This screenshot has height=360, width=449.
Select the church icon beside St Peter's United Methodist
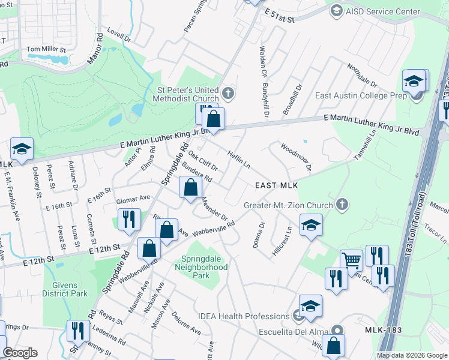tap(227, 94)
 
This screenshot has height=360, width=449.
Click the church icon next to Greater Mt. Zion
tap(342, 205)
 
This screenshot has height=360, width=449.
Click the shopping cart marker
tap(351, 260)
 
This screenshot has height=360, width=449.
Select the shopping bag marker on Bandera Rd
tap(190, 187)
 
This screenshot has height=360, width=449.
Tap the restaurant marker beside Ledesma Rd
tap(78, 331)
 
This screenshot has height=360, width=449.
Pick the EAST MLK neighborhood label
tap(277, 186)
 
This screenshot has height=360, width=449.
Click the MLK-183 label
tap(384, 331)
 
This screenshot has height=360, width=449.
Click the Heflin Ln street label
tap(239, 159)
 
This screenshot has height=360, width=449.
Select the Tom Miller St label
tap(46, 49)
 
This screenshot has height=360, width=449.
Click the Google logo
tap(20, 353)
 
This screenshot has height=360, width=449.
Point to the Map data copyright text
tap(411, 355)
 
